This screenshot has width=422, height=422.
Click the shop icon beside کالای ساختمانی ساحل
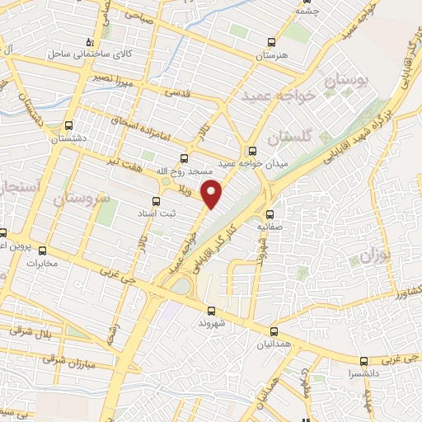[91, 41]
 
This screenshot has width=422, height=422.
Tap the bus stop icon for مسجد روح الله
[183, 157]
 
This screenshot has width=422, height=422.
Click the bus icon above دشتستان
[68, 126]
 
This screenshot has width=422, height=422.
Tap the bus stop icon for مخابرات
[42, 251]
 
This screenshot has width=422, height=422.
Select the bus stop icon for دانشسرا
[363, 360]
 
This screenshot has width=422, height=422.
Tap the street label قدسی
[176, 95]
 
